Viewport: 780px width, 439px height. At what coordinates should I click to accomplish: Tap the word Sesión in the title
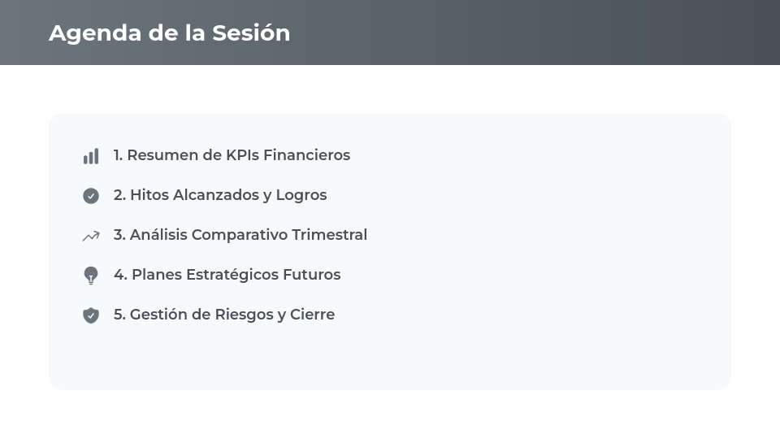(x=251, y=33)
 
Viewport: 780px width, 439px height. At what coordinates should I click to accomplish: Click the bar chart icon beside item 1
(x=91, y=156)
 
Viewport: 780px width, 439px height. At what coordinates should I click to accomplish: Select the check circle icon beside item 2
(x=91, y=196)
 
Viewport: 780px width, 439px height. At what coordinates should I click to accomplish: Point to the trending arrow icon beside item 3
(x=91, y=236)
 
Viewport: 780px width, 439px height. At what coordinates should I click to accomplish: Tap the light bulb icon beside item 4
(x=91, y=276)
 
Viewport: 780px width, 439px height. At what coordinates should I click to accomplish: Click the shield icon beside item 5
(x=91, y=315)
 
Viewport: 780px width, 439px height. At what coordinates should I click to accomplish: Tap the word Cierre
(x=312, y=315)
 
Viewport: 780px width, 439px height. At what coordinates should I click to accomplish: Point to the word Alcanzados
(x=216, y=195)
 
